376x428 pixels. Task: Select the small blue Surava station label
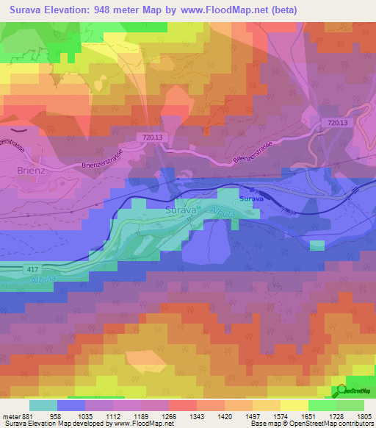(252, 199)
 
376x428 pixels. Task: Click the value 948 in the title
(107, 11)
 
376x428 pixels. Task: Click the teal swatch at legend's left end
(43, 405)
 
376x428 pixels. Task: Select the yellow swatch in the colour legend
(294, 405)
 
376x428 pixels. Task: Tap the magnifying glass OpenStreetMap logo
(341, 390)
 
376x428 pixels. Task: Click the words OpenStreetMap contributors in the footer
(322, 424)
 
